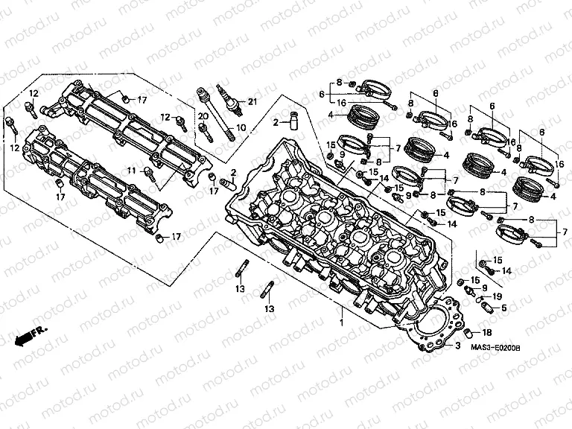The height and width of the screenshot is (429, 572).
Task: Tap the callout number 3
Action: [459, 355]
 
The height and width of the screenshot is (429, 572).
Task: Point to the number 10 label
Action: [241, 127]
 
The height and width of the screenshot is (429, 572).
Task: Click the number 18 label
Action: [488, 333]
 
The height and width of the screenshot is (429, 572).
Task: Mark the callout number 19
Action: [498, 296]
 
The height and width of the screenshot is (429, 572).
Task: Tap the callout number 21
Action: [252, 101]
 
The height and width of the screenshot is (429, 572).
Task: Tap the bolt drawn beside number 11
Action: [149, 174]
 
